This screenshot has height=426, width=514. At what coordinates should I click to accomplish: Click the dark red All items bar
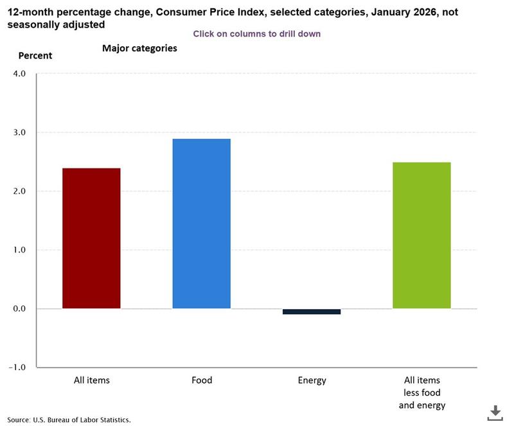[x=91, y=238]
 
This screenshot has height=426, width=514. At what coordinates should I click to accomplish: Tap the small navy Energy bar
[x=312, y=312]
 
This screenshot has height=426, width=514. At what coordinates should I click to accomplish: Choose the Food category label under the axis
[x=201, y=380]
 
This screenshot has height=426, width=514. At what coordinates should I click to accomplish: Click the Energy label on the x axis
[x=312, y=380]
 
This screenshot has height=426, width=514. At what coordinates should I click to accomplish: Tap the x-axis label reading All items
[x=91, y=380]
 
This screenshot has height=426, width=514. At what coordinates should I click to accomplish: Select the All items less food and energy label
[x=421, y=393]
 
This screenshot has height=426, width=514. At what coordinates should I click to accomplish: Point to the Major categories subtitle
[x=139, y=48]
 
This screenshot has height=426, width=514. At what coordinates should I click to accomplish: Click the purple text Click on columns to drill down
[x=256, y=33]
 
